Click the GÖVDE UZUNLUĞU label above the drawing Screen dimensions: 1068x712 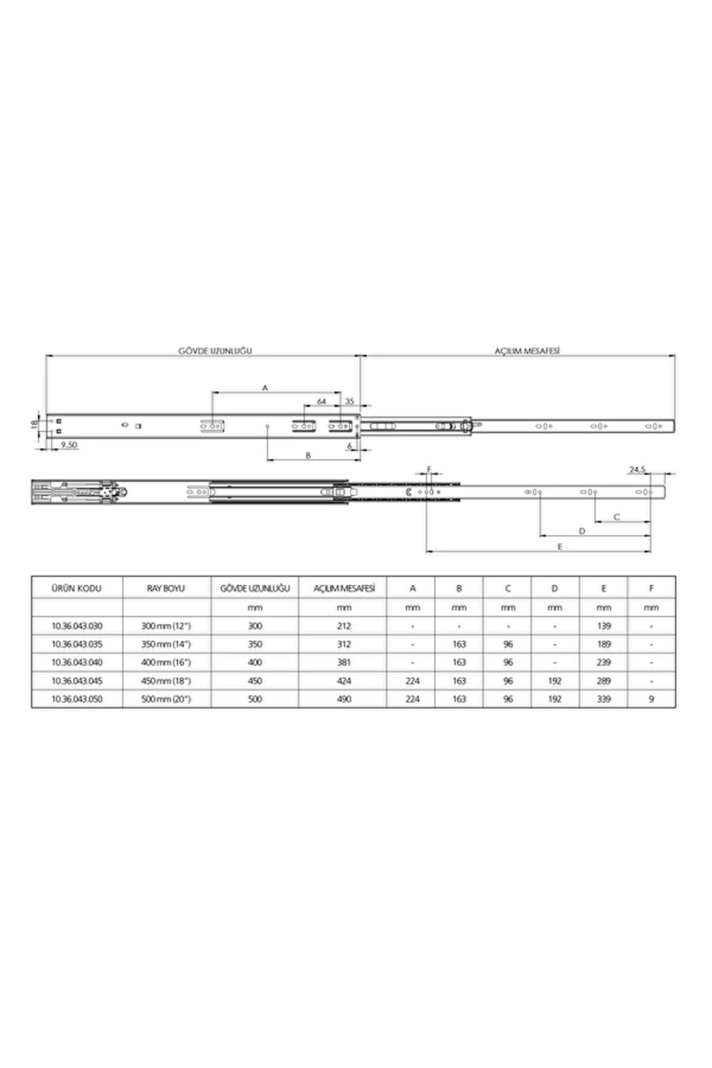(215, 351)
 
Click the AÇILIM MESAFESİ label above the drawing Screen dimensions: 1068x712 (527, 351)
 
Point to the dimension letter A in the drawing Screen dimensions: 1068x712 (265, 387)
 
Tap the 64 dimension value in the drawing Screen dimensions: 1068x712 (321, 402)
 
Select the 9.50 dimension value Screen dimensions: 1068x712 (69, 444)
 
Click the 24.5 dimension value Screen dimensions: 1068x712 (637, 469)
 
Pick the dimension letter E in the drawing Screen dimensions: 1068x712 (560, 546)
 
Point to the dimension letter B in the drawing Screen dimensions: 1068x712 (308, 456)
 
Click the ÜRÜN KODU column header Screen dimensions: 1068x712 (77, 589)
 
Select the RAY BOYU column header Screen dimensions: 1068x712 (166, 589)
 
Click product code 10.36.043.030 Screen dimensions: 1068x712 (77, 626)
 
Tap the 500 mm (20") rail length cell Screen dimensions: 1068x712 (166, 699)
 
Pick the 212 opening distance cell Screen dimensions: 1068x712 (344, 626)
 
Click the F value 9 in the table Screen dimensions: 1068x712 (651, 699)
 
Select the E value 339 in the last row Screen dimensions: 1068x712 (603, 699)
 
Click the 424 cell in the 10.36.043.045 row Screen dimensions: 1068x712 (344, 681)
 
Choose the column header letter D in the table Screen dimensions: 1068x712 (554, 589)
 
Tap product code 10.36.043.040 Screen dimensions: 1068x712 (77, 663)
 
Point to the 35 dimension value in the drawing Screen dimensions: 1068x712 (349, 402)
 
